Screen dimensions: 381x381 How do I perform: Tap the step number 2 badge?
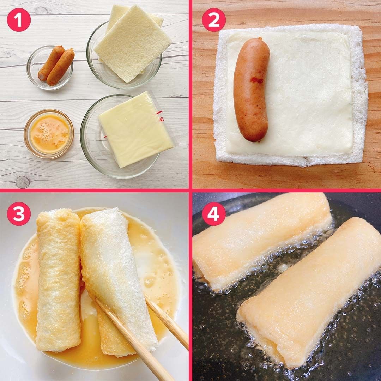point(214,20)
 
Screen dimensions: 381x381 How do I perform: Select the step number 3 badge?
point(19,214)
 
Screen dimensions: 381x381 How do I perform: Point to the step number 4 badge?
point(214,214)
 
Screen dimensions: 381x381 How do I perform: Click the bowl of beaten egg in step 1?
point(49,134)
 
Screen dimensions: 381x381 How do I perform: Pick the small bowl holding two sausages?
point(50,67)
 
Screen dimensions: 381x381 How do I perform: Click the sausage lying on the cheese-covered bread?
point(252,89)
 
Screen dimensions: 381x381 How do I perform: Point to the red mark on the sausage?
point(256,80)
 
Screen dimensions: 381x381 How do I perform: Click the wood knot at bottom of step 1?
point(23,182)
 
